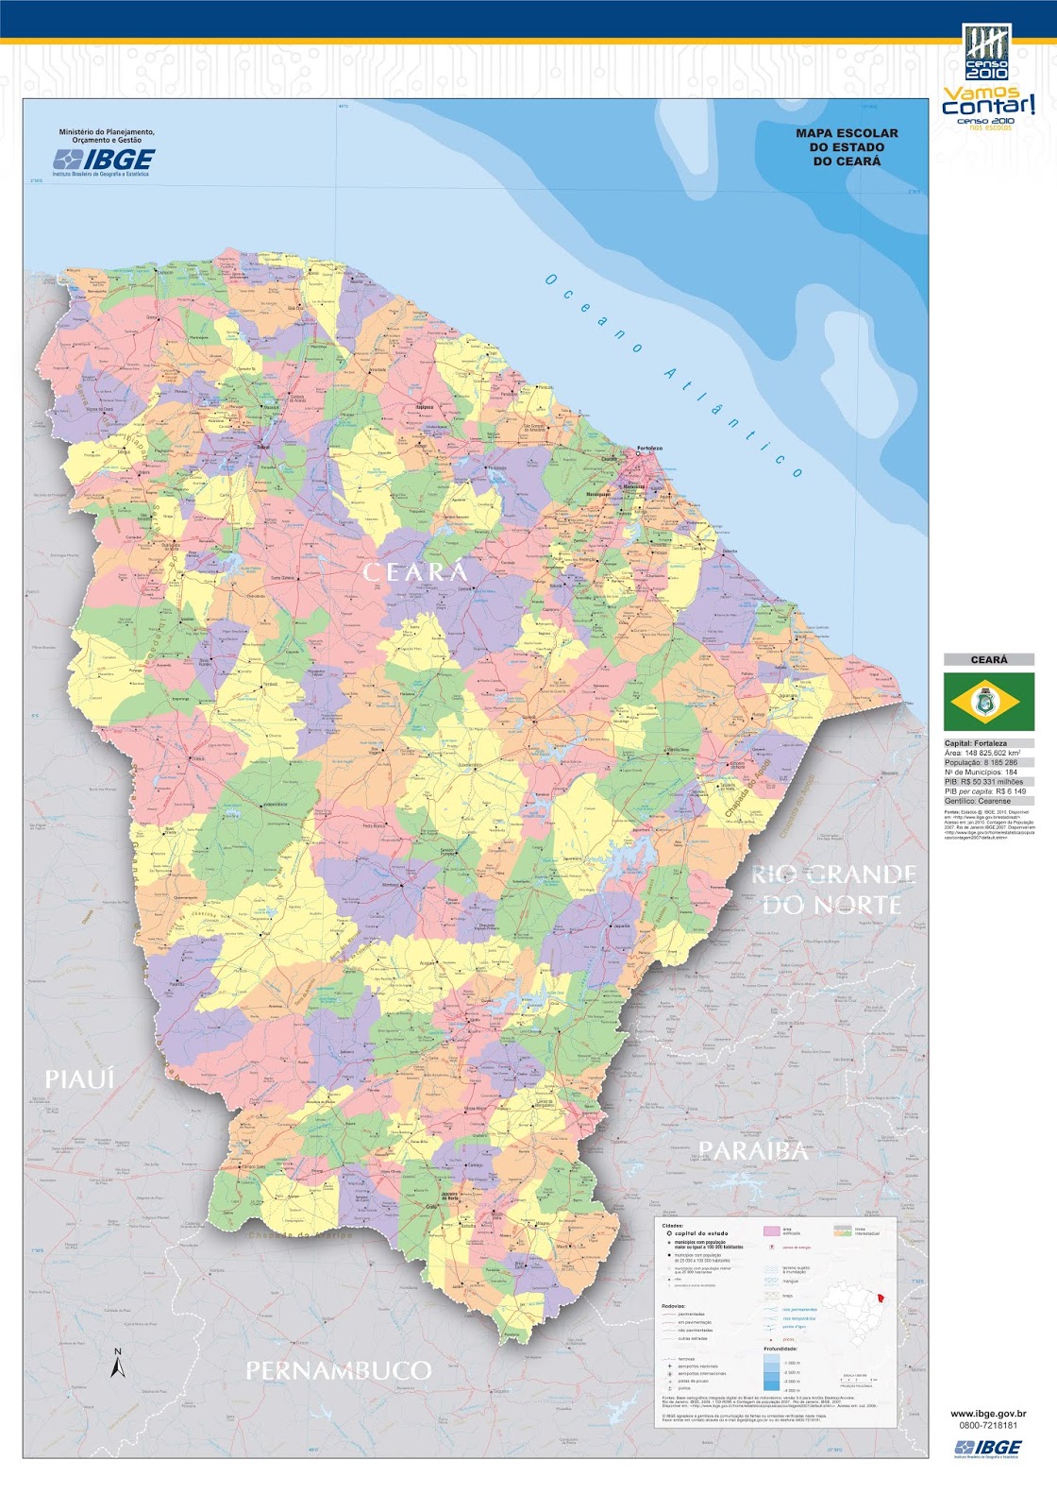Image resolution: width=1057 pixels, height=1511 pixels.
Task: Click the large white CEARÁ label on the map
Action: click(x=415, y=572)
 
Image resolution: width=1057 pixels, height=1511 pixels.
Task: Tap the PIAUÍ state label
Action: click(x=79, y=1078)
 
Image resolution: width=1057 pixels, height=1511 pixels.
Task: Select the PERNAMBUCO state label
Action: click(x=339, y=1370)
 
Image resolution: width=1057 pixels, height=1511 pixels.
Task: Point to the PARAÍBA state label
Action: click(x=753, y=1150)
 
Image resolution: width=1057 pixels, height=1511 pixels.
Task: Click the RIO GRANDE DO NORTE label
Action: click(x=833, y=890)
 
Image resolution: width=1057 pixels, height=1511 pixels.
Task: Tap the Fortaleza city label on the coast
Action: click(x=649, y=449)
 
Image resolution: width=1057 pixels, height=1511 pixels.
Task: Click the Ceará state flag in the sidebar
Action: click(x=988, y=702)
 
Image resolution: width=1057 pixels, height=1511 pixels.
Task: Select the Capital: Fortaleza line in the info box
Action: click(x=976, y=743)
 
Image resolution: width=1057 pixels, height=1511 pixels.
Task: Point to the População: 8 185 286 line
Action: click(x=981, y=762)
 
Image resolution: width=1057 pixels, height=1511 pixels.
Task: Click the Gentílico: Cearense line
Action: click(x=977, y=801)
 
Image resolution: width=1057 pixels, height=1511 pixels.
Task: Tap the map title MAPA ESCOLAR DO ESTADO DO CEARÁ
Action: click(x=847, y=147)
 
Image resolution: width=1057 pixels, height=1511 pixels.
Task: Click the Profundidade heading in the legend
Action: click(x=780, y=1349)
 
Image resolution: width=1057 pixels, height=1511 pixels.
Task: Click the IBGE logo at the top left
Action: click(x=104, y=161)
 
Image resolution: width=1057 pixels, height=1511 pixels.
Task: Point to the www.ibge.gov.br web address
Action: click(x=988, y=1415)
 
